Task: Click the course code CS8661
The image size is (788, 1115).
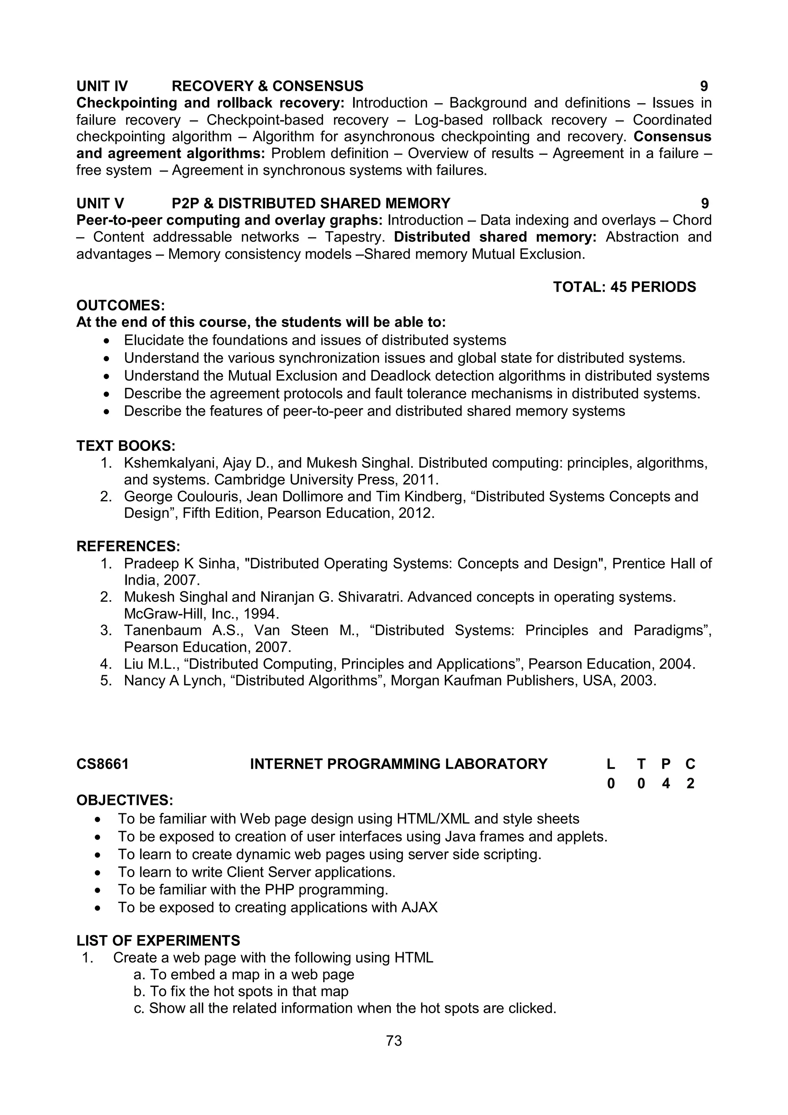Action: pos(102,764)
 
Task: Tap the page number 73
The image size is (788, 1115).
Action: pos(394,1040)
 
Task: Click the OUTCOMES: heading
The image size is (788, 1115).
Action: pos(120,305)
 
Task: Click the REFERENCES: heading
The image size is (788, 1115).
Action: pos(128,546)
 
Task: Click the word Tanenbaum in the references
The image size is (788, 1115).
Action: pos(162,630)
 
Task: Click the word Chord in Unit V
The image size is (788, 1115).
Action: pos(691,220)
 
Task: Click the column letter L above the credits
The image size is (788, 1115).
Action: pos(610,764)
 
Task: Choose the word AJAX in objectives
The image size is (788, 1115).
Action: pos(419,907)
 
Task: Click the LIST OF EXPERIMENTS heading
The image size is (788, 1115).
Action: pos(158,941)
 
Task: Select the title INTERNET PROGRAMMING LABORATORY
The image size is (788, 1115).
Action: pos(398,764)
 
